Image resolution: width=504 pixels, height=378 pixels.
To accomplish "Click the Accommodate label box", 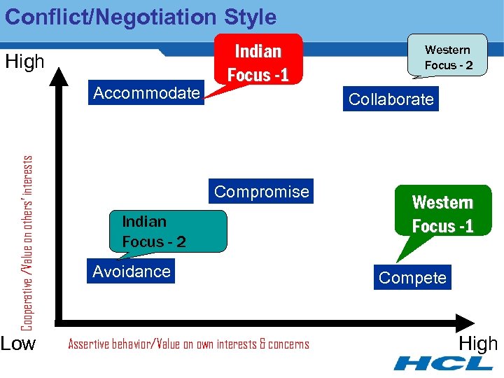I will [146, 93].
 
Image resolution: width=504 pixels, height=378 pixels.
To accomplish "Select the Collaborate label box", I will [391, 99].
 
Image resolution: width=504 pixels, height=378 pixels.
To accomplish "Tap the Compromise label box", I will [261, 192].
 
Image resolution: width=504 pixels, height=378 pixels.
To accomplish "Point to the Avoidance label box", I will [132, 272].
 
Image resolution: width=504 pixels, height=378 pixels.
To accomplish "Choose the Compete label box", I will [412, 278].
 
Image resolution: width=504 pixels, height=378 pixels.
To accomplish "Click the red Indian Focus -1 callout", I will [258, 62].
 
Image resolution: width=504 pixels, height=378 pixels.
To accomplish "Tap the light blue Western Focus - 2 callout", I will [448, 57].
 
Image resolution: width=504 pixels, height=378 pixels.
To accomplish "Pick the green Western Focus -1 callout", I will [442, 214].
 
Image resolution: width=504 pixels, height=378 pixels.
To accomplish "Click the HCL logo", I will [443, 363].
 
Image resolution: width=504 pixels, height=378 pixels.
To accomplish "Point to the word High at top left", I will [24, 62].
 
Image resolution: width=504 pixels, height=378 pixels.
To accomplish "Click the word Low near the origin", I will [18, 344].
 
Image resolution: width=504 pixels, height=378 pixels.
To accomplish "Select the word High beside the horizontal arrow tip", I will [478, 344].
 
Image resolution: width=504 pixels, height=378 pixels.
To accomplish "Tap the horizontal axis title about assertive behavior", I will [188, 344].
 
